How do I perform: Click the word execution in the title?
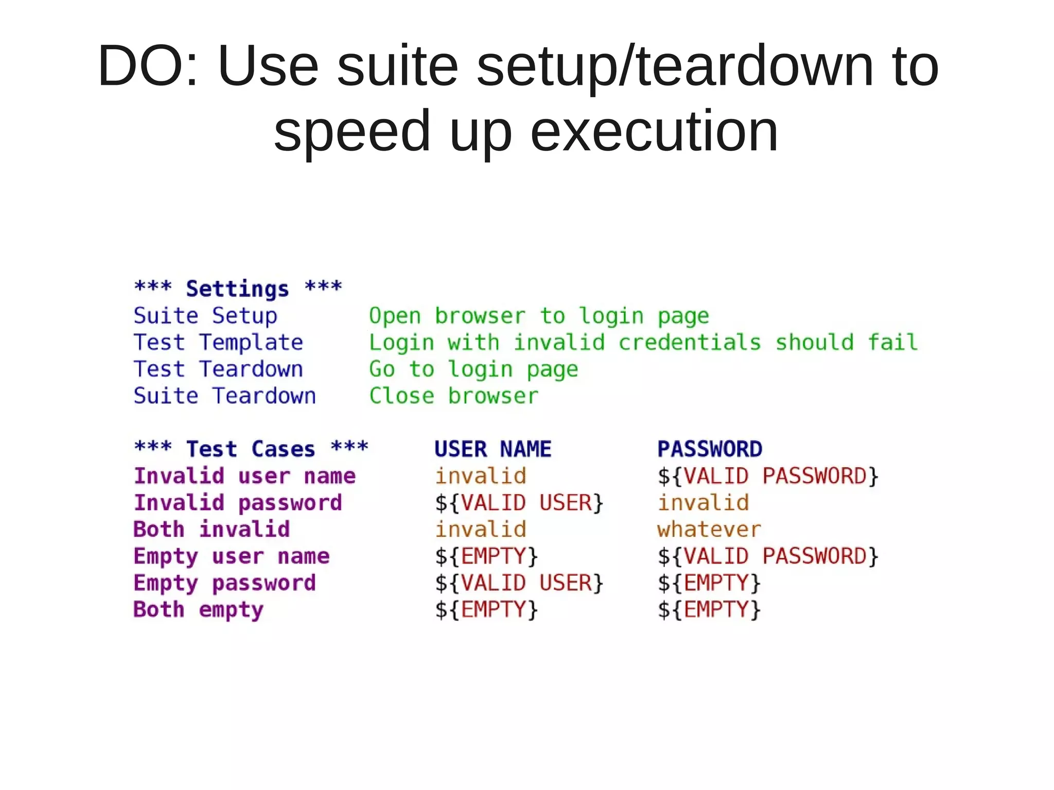pyautogui.click(x=654, y=131)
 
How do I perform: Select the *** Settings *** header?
pyautogui.click(x=238, y=288)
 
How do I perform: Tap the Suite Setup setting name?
pyautogui.click(x=205, y=315)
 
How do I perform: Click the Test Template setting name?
pyautogui.click(x=218, y=342)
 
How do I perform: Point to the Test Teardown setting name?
pyautogui.click(x=218, y=369)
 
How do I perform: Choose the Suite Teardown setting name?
pyautogui.click(x=225, y=396)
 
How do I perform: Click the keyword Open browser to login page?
pyautogui.click(x=539, y=315)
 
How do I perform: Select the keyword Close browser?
pyautogui.click(x=453, y=396)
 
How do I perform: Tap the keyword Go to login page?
pyautogui.click(x=473, y=369)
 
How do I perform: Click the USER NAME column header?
pyautogui.click(x=493, y=449)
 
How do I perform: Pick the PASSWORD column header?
pyautogui.click(x=710, y=449)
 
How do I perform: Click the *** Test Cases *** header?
pyautogui.click(x=251, y=449)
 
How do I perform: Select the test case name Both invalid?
pyautogui.click(x=212, y=529)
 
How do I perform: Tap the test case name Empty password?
pyautogui.click(x=225, y=583)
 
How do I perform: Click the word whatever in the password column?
pyautogui.click(x=709, y=529)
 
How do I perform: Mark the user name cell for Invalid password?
pyautogui.click(x=519, y=503)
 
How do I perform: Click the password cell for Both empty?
pyautogui.click(x=709, y=609)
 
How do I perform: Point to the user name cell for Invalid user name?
pyautogui.click(x=481, y=476)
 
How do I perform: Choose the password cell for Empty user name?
pyautogui.click(x=768, y=556)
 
